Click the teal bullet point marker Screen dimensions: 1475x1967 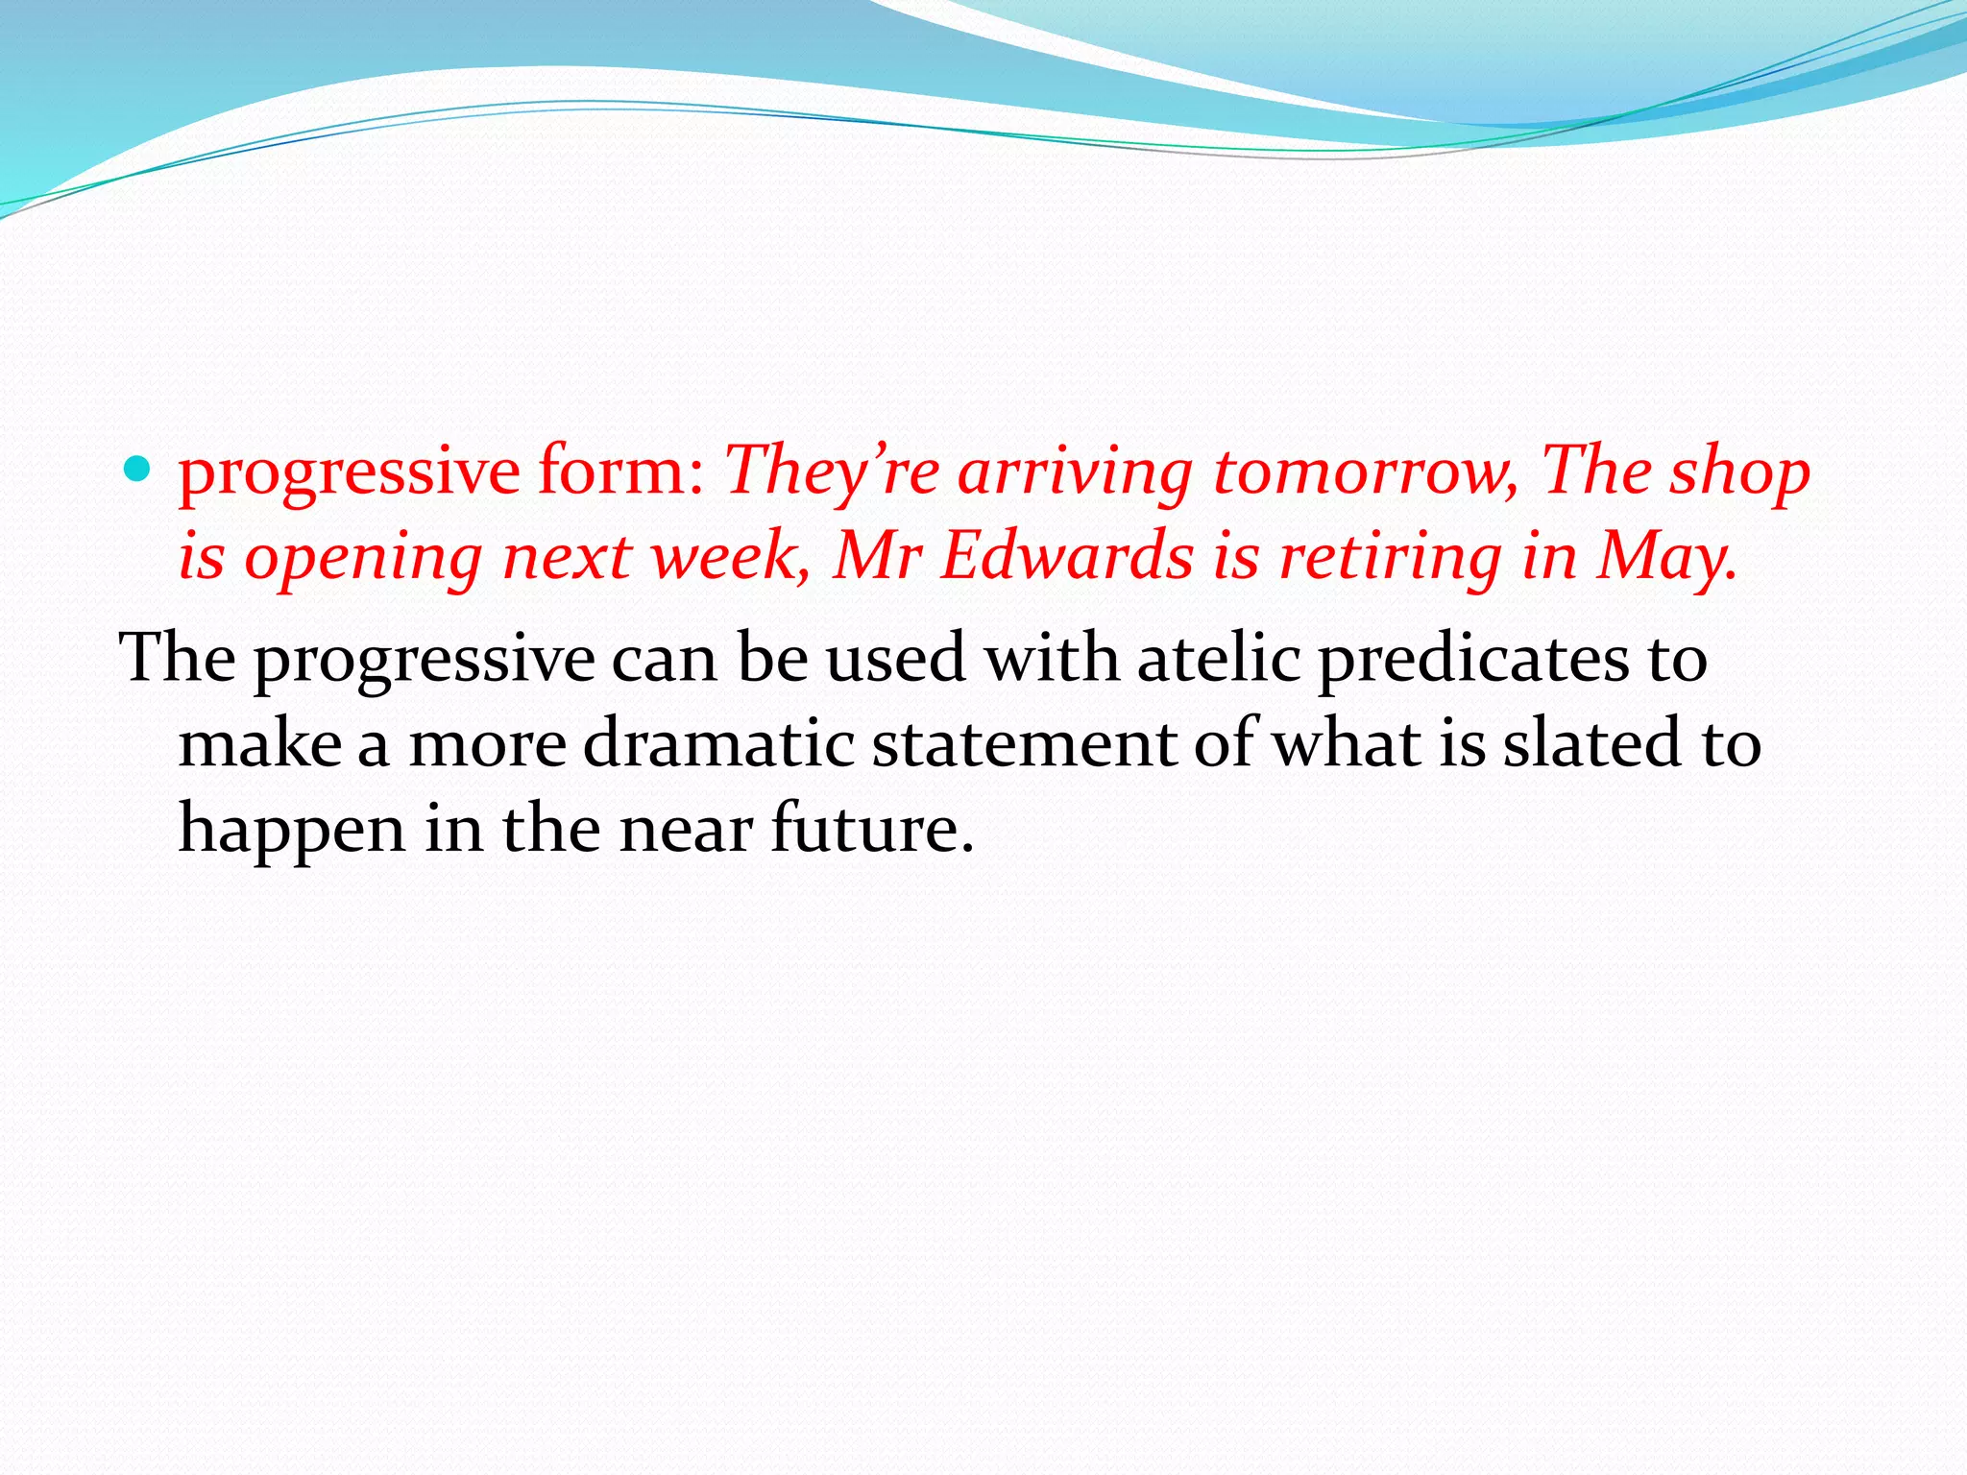pos(138,470)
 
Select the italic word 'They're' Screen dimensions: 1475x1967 pos(832,472)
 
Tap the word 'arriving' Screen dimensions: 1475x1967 pos(1076,472)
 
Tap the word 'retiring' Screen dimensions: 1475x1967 pos(1391,557)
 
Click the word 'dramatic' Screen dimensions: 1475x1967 pos(718,743)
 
